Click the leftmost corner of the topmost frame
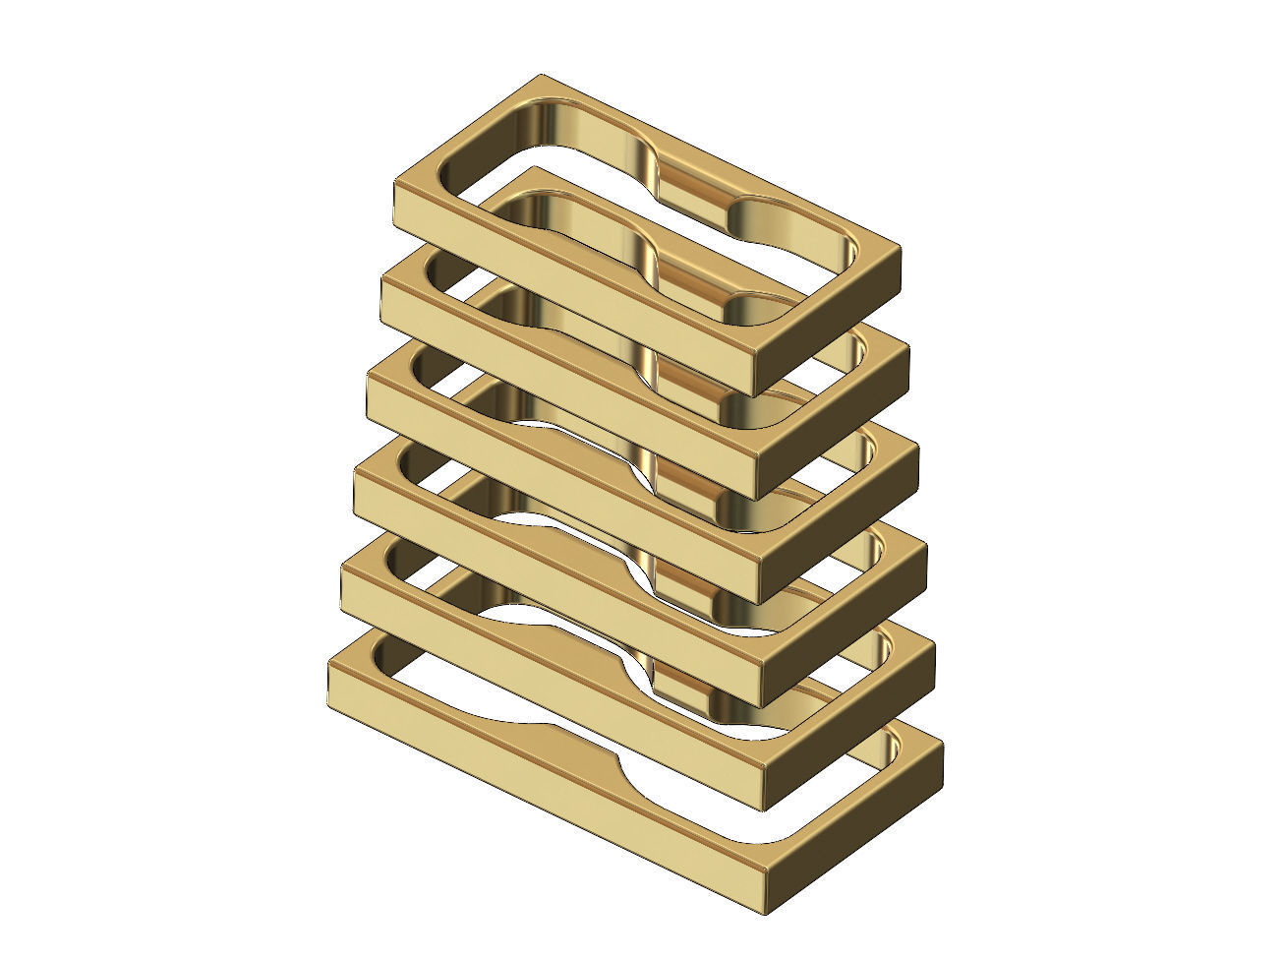pyautogui.click(x=396, y=183)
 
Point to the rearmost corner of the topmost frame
pyautogui.click(x=541, y=76)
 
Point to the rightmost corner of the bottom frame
pyautogui.click(x=942, y=746)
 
